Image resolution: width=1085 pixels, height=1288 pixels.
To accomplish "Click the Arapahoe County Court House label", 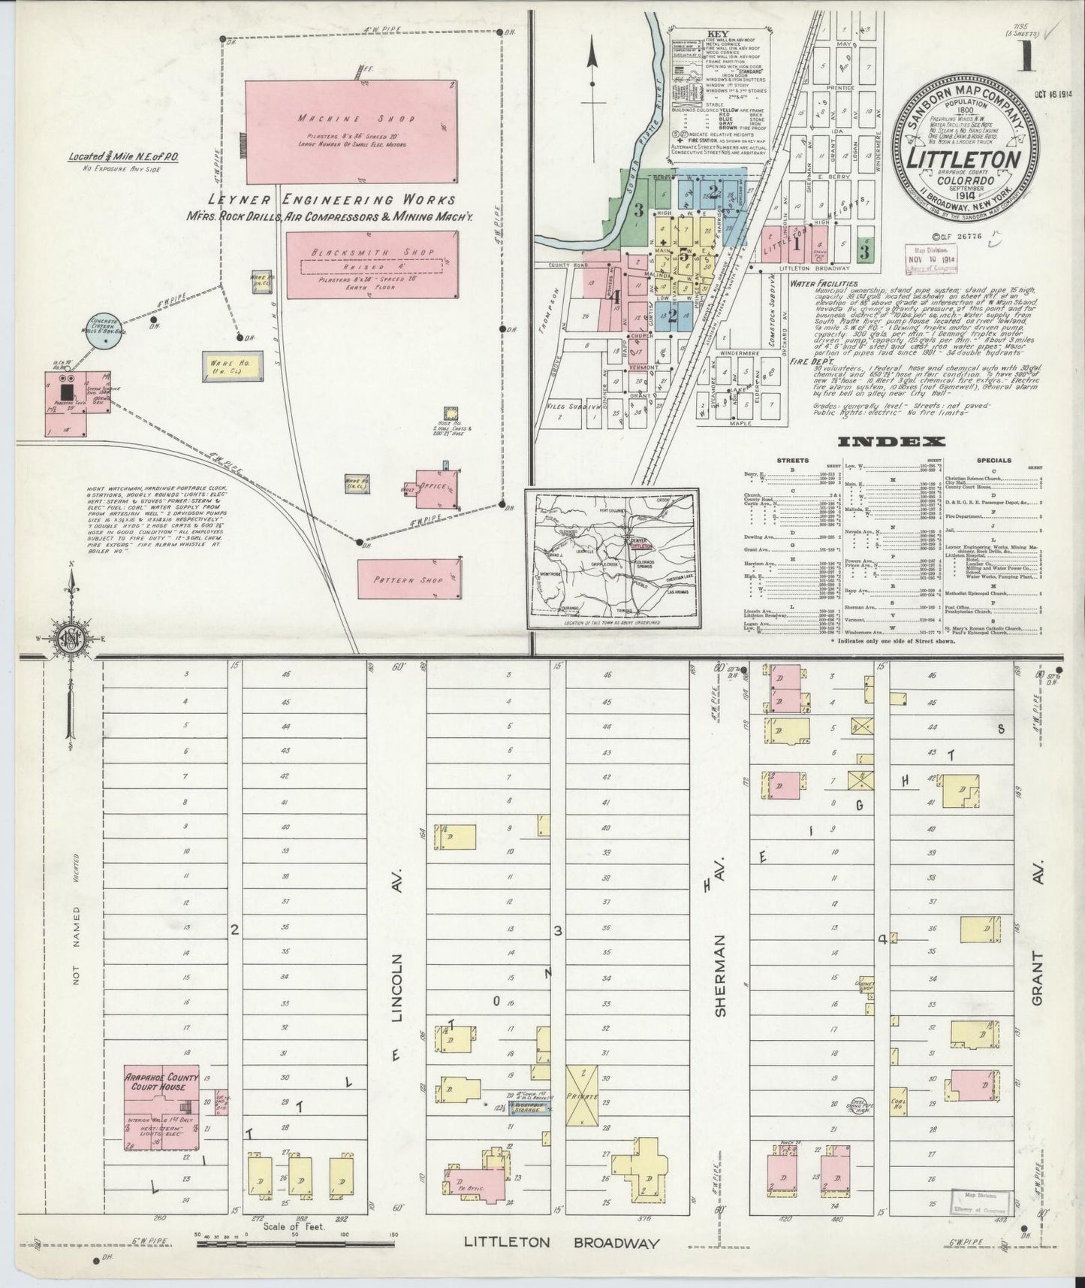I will [x=162, y=1082].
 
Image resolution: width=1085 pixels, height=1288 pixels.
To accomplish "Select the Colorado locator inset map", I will [x=612, y=560].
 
